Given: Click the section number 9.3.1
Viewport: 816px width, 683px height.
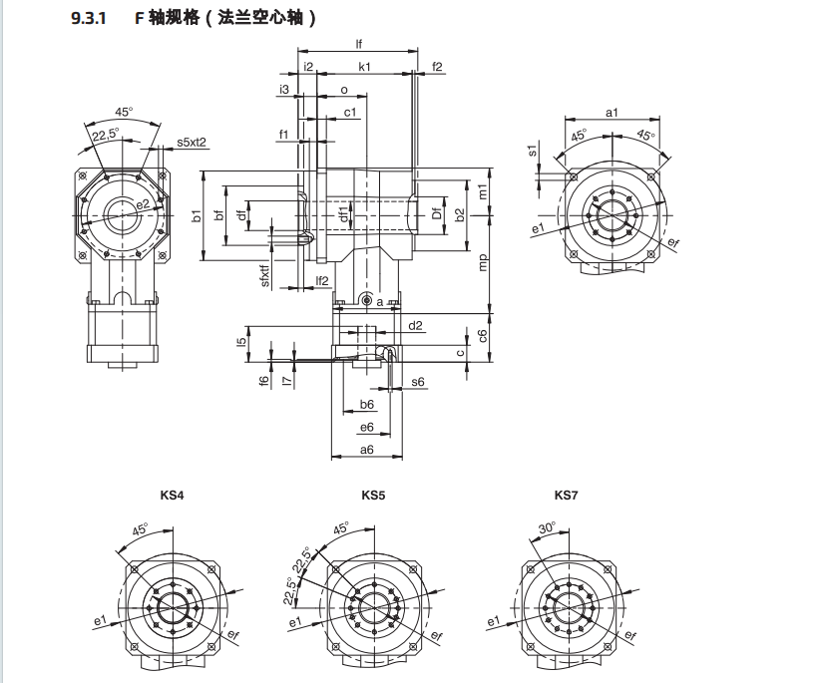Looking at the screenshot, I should click(x=89, y=19).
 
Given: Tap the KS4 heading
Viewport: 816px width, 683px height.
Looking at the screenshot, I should click(x=173, y=495).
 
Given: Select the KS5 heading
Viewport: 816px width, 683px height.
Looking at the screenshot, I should click(x=373, y=495).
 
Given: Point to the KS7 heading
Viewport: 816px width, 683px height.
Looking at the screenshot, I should click(x=567, y=495).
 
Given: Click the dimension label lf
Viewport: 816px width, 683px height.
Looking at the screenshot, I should click(x=358, y=45).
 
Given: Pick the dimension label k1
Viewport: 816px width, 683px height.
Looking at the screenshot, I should click(x=364, y=67).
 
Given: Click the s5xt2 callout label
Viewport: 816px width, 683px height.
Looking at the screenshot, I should click(x=192, y=143).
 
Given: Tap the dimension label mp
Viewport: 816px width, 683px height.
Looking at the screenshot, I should click(x=484, y=262).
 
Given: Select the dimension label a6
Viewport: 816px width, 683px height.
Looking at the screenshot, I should click(x=366, y=450).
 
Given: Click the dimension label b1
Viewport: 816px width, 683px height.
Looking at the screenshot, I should click(x=198, y=215).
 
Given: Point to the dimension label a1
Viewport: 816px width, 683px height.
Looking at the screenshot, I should click(x=612, y=113).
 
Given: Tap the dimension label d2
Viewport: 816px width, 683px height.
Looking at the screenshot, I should click(x=415, y=325).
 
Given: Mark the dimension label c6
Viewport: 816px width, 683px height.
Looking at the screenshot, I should click(x=483, y=335).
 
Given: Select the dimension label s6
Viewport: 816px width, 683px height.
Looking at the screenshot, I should click(x=417, y=382).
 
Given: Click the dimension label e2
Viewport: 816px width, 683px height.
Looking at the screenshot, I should click(x=144, y=204).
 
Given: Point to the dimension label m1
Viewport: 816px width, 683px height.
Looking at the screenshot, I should click(x=483, y=189).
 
